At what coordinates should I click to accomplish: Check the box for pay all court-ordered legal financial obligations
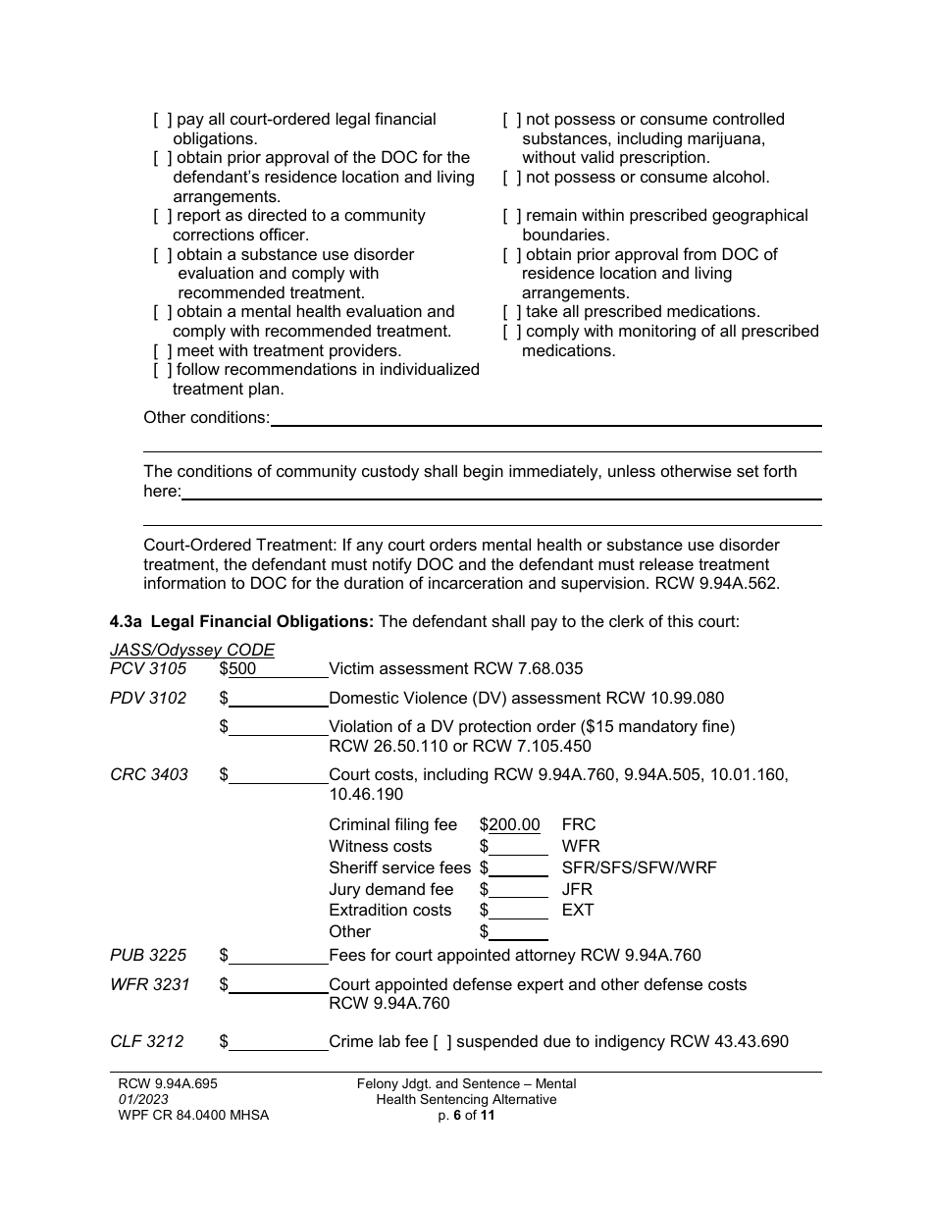coord(162,120)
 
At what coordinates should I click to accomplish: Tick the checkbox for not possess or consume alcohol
coord(512,178)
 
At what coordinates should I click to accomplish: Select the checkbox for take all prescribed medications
coord(512,312)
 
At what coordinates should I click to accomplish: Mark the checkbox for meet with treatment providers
coord(162,351)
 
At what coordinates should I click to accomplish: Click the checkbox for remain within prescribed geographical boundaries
coord(512,216)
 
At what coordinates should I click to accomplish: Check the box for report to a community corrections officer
coord(162,216)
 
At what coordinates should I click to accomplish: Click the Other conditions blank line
coord(545,419)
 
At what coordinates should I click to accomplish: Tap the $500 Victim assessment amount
coord(242,669)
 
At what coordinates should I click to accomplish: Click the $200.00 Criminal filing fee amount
coord(514,825)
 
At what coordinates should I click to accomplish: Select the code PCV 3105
coord(148,669)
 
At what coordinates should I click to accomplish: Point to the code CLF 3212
coord(147,1041)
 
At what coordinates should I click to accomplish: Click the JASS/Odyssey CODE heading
coord(192,650)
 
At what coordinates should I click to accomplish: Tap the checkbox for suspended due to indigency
coord(442,1041)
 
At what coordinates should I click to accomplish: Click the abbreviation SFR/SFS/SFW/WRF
coord(639,868)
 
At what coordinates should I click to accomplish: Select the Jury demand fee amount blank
coord(518,890)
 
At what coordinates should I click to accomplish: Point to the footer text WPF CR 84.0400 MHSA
coord(193,1115)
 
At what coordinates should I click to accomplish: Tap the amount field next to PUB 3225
coord(279,956)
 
